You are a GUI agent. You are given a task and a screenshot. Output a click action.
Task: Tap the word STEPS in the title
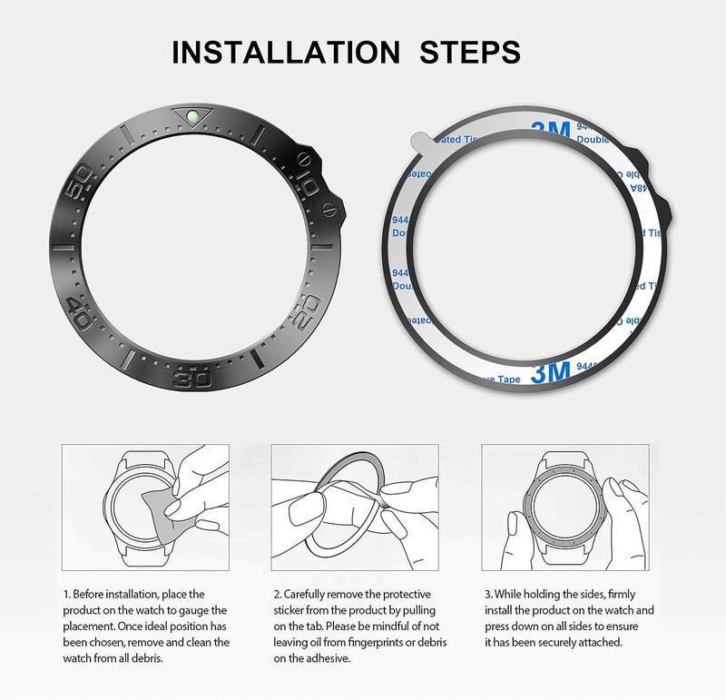[469, 52]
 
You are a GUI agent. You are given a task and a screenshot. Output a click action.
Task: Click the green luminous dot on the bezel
[194, 116]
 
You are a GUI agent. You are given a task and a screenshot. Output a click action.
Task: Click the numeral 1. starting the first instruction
[66, 594]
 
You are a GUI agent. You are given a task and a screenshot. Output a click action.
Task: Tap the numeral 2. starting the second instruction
[277, 594]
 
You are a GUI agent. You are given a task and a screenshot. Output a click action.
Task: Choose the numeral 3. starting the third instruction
[486, 594]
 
